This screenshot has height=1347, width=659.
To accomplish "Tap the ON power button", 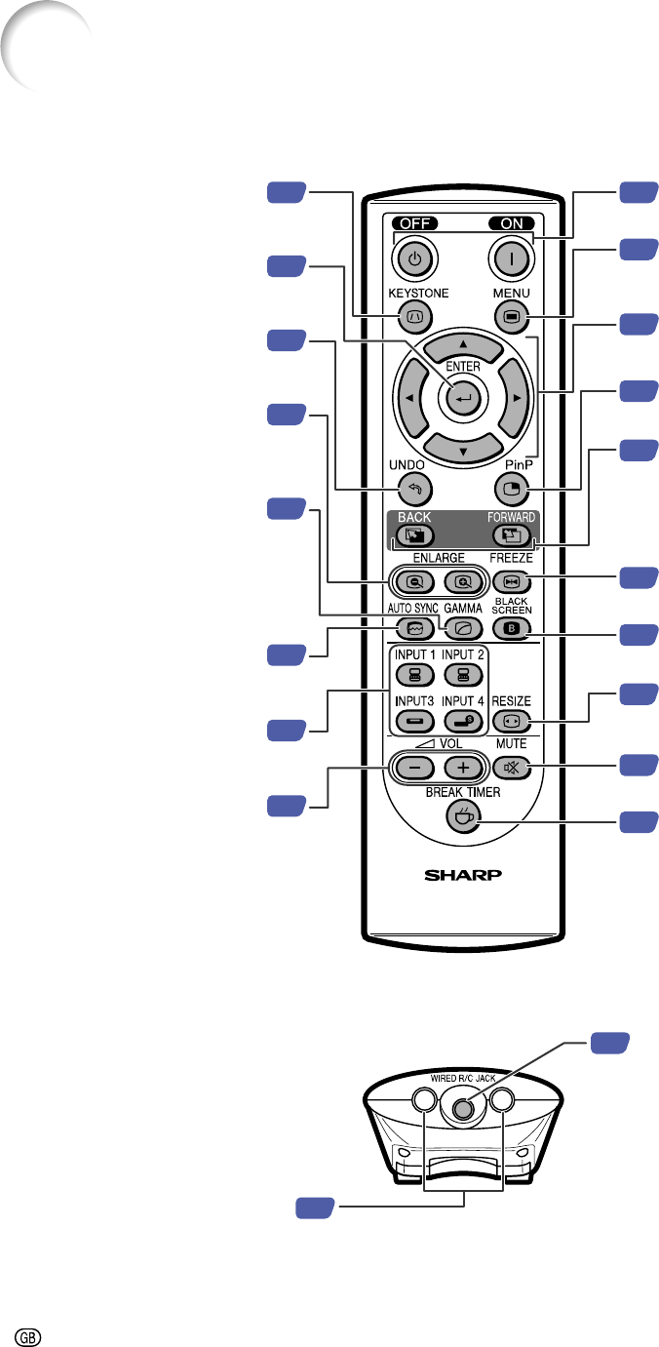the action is click(x=511, y=259).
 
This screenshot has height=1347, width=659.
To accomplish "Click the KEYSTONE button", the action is click(x=415, y=316).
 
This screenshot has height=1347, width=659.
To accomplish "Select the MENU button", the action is click(x=511, y=316).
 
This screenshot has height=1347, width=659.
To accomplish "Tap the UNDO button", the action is click(x=415, y=489).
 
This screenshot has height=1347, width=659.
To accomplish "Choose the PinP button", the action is click(x=511, y=489).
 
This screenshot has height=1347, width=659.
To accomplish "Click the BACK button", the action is click(x=415, y=535).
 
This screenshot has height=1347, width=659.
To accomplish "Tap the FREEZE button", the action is click(x=511, y=581).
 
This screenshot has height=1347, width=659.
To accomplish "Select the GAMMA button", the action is click(x=463, y=628).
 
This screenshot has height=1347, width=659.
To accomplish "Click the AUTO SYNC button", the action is click(x=415, y=628).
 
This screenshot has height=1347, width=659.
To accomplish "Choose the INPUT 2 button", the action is click(x=463, y=675).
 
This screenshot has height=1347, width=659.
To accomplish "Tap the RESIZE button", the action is click(x=511, y=721).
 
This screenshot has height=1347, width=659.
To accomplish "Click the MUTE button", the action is click(x=511, y=768).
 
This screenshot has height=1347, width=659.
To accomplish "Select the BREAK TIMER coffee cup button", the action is click(x=463, y=817).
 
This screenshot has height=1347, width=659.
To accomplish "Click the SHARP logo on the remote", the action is click(x=463, y=875).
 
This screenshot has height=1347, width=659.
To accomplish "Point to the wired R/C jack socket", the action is click(x=462, y=1108).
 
